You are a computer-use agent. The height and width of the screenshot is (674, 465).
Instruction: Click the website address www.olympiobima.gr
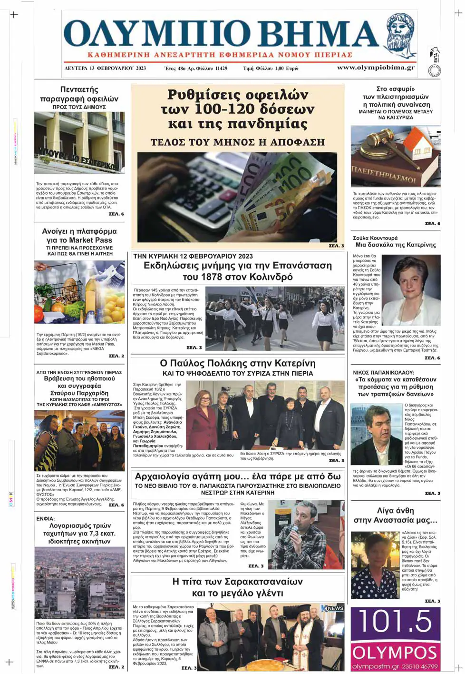tap(376, 68)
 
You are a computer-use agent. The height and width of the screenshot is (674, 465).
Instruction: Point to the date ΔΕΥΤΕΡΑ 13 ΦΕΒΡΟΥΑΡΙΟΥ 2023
tap(105, 69)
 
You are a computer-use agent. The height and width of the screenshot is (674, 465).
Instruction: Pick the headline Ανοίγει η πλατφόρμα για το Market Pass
tap(79, 236)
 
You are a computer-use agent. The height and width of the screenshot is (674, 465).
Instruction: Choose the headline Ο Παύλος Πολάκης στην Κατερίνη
tap(238, 364)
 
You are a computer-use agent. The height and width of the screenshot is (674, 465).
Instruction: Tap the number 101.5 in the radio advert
tap(395, 622)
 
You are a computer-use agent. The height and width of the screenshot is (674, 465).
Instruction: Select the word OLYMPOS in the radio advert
tap(395, 652)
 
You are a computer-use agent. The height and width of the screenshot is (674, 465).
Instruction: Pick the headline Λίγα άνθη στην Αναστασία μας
tap(395, 515)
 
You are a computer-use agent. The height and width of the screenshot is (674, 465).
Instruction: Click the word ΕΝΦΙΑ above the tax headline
tap(46, 518)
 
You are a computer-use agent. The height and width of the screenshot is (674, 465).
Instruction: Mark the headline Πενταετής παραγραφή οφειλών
tap(79, 94)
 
